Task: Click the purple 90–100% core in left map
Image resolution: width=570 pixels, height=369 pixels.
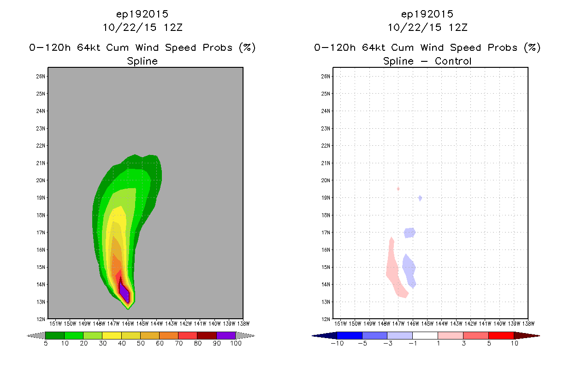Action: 125,293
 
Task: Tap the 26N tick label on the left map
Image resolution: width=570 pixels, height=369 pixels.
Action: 41,77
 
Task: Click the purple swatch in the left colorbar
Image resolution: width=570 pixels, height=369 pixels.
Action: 226,335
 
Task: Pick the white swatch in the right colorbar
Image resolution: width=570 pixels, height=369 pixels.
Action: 425,335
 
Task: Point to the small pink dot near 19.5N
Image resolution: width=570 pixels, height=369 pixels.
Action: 398,189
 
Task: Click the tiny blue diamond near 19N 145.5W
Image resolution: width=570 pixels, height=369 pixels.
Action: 420,198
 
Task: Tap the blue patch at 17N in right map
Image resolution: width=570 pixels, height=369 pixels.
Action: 410,233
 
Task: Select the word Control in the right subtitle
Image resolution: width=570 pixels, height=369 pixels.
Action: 453,61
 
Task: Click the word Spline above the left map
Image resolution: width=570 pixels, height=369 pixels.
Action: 142,61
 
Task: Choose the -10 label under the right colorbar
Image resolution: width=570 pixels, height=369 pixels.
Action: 337,343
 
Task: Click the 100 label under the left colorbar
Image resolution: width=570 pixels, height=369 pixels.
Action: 236,343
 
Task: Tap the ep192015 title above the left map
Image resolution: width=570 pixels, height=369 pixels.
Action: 142,14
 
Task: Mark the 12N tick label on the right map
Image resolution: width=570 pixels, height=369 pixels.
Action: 326,319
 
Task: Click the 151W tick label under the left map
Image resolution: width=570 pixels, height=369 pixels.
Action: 55,324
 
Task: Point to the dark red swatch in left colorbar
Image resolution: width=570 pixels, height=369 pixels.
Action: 207,335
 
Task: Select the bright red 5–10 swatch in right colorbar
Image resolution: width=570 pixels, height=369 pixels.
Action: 501,335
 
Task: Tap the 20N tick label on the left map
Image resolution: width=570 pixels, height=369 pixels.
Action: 41,180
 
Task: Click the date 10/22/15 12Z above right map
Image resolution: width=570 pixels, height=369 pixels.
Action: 427,28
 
